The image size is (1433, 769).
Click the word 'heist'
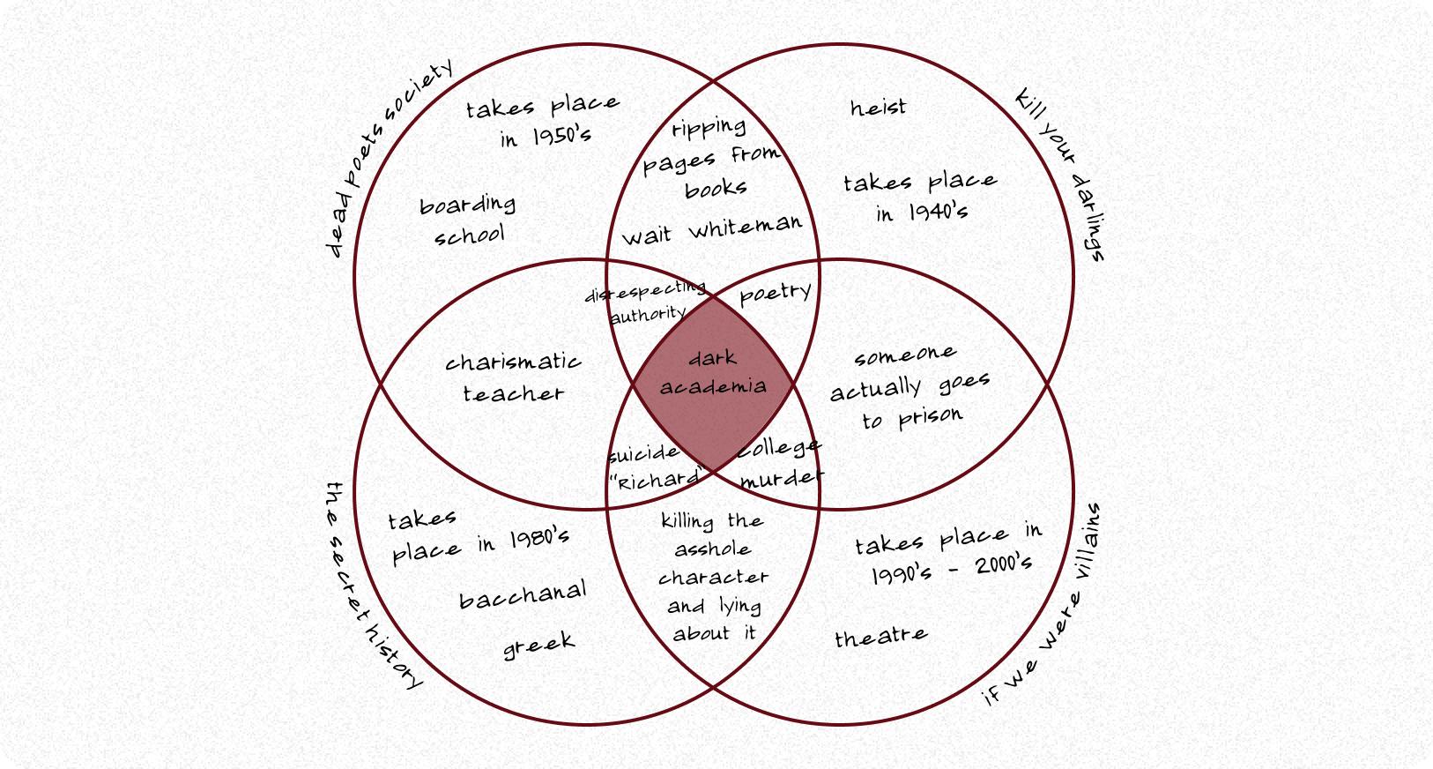click(878, 108)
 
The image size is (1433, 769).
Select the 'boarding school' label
click(467, 220)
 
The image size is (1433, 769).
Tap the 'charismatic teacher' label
click(513, 377)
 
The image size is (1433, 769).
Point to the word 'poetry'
click(776, 292)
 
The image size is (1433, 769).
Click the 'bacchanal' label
click(523, 596)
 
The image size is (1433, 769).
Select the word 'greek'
click(538, 646)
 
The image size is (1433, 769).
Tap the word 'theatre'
click(880, 636)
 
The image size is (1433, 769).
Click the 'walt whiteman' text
click(712, 230)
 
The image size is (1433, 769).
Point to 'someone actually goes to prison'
click(910, 387)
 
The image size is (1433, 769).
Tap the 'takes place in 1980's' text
click(478, 536)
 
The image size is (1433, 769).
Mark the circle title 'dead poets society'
click(389, 159)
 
